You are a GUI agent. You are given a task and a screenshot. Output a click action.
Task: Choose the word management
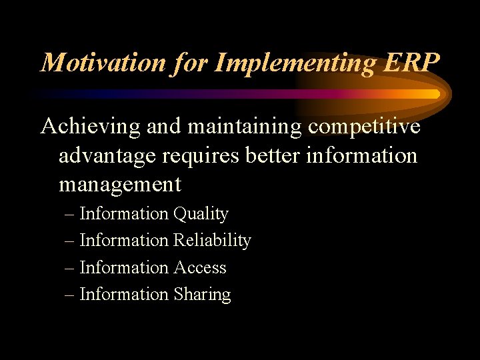pos(120,184)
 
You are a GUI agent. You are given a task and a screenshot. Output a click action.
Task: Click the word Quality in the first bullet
pos(201,214)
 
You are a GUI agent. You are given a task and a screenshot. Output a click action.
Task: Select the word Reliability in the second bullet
pos(212,241)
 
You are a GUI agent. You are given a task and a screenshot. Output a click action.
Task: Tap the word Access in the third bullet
pos(200,267)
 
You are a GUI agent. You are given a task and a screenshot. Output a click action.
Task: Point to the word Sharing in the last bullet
pos(202,294)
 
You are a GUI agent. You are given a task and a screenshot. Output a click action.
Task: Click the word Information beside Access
pos(124,267)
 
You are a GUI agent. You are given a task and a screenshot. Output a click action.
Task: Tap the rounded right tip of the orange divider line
pos(437,94)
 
